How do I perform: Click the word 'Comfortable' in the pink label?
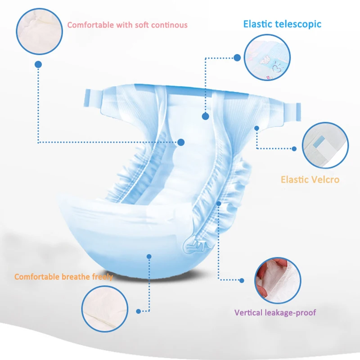(x=90, y=25)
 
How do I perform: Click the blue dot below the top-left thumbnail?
(x=39, y=64)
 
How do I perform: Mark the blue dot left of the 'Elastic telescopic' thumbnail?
(x=238, y=58)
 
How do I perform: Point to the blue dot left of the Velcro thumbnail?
(x=294, y=148)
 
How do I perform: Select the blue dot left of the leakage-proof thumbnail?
(x=242, y=280)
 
